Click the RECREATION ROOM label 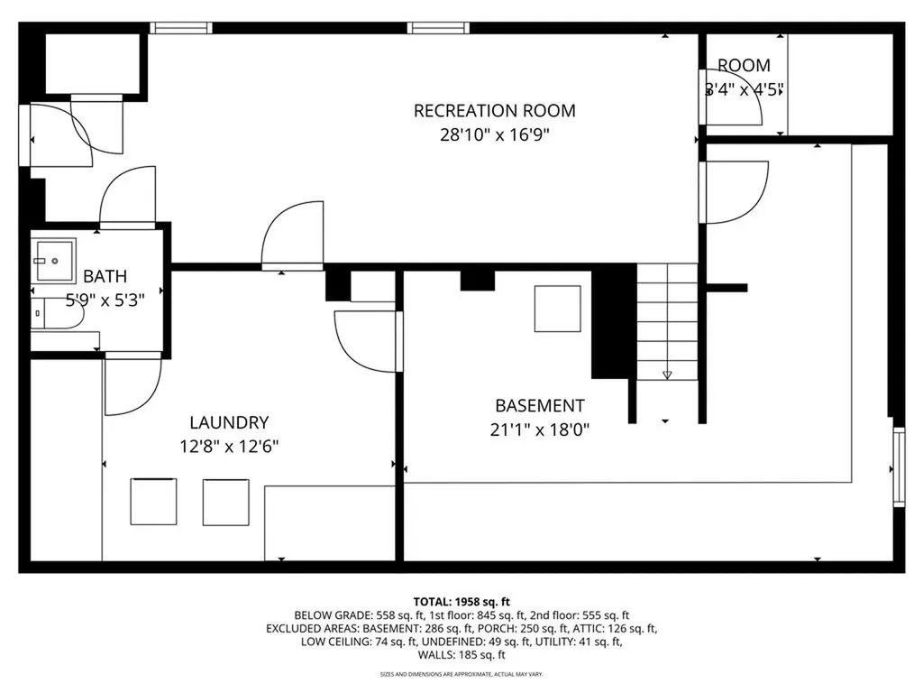tap(494, 111)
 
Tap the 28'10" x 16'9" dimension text tap(494, 135)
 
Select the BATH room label tap(105, 276)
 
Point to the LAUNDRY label tap(229, 421)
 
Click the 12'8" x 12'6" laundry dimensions tap(229, 445)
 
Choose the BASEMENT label tap(539, 406)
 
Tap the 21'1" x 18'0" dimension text tap(539, 430)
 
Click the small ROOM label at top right tap(744, 65)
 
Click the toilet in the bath tap(54, 311)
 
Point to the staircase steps tap(667, 316)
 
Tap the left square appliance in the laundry tap(154, 502)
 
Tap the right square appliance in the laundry tap(224, 502)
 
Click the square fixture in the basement tap(557, 309)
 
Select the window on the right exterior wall tap(898, 466)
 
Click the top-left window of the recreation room tap(180, 28)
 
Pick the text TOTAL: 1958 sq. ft tap(461, 601)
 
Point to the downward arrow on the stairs tap(667, 374)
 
